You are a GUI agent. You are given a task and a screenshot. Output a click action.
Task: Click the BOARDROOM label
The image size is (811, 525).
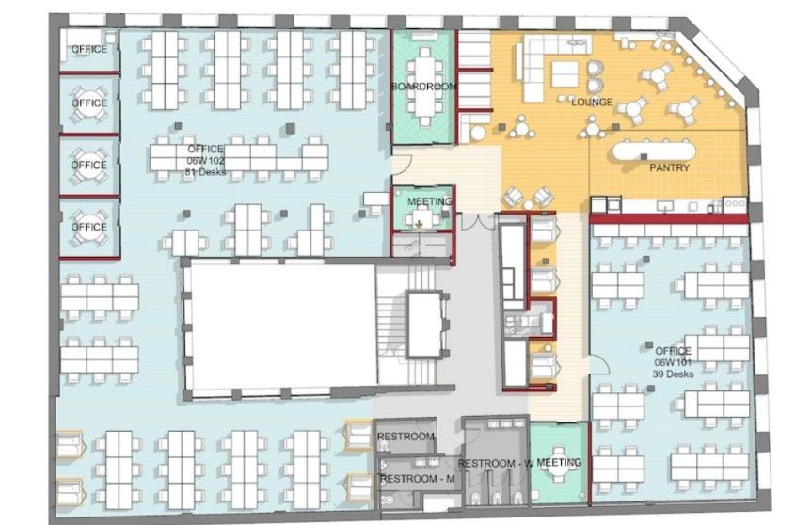coord(424,87)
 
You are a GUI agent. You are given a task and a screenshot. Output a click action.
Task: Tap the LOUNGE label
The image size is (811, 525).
coord(592,102)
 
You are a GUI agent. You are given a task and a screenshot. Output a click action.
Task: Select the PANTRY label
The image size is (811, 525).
coord(669,167)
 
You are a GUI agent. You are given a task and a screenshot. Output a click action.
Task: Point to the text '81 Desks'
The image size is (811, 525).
coord(206,172)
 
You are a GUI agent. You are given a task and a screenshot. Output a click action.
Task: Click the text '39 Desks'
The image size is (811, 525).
coord(673,374)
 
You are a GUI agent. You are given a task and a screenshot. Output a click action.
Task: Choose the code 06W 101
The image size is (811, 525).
coord(673,362)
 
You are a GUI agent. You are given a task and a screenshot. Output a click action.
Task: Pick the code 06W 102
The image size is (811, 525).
coord(206,160)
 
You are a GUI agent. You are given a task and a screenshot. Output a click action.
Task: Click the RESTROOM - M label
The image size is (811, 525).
coord(418,479)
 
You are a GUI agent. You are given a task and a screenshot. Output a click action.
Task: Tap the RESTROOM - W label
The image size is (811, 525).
coord(496,464)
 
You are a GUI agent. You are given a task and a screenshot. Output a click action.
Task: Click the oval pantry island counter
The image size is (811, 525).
coord(654,151)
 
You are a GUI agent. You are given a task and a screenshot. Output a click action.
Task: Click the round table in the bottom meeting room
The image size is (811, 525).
coord(559,462)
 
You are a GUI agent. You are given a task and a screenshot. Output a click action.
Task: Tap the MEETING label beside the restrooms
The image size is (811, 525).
coord(559,462)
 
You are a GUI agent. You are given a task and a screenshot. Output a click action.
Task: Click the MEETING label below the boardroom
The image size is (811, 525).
coord(430,201)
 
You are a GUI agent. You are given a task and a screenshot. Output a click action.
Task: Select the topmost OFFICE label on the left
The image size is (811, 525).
coord(89,49)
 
